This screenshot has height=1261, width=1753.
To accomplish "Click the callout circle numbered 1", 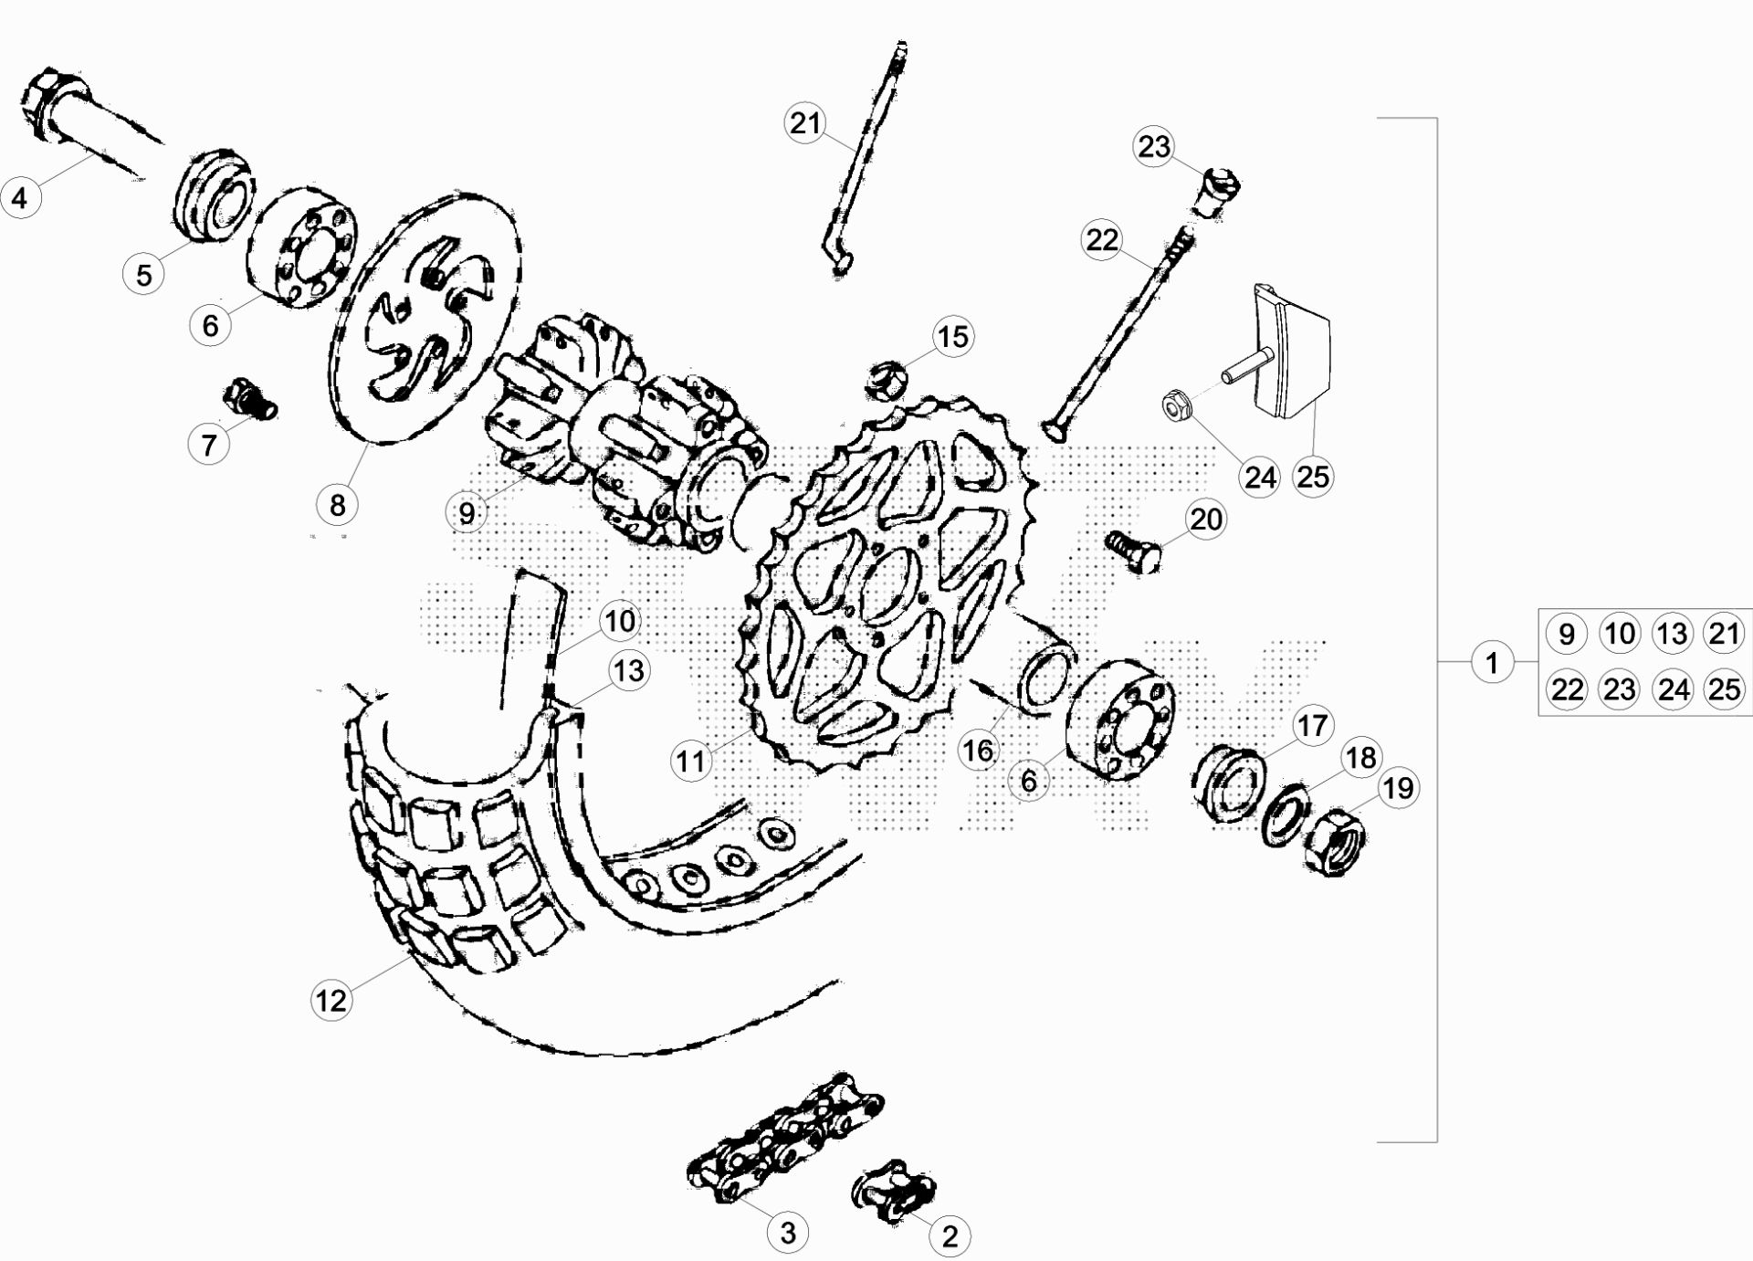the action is (1492, 661).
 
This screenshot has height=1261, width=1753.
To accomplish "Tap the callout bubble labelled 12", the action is (331, 1000).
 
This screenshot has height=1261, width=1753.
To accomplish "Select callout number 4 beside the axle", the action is (20, 196).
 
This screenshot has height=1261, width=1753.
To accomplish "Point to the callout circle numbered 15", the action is (952, 336).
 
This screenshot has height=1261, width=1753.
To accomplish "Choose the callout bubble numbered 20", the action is (1206, 519).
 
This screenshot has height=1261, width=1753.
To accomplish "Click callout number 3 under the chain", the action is (787, 1233).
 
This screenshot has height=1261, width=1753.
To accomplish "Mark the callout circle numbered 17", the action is (1312, 725).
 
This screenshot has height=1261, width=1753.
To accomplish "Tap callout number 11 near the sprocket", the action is (690, 760).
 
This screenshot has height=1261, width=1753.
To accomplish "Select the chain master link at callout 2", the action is (894, 1192).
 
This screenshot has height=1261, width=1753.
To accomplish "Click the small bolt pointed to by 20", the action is (1133, 551).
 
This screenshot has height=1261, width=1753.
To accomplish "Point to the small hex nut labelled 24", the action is (1177, 405).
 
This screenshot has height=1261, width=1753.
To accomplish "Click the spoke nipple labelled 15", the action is (885, 380).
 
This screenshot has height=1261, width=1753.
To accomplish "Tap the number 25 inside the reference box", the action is (1724, 688).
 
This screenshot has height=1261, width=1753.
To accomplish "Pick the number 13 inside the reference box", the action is (1672, 633).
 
